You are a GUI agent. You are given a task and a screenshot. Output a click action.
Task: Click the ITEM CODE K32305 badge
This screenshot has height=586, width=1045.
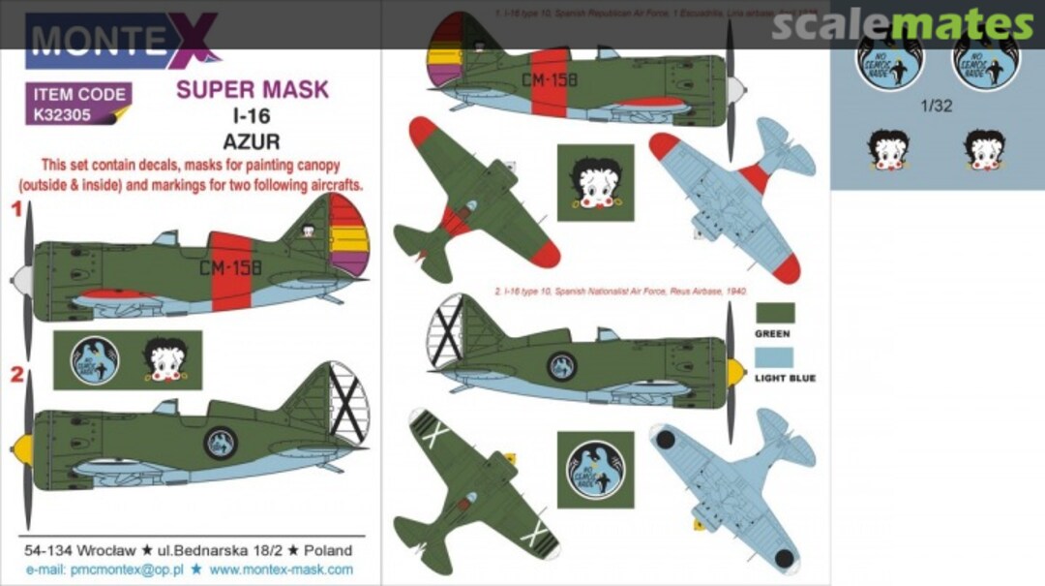pyautogui.click(x=78, y=105)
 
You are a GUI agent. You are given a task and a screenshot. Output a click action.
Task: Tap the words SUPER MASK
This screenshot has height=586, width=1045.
pyautogui.click(x=253, y=90)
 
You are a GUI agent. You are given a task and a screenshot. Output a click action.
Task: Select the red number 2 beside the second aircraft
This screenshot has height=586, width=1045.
pyautogui.click(x=15, y=375)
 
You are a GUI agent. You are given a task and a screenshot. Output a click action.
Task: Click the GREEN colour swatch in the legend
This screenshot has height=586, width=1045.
pyautogui.click(x=775, y=313)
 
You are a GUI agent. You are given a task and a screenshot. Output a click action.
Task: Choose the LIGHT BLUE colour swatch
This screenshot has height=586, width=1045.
pyautogui.click(x=775, y=356)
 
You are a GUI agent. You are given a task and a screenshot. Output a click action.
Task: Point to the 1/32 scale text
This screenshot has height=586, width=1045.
pyautogui.click(x=938, y=107)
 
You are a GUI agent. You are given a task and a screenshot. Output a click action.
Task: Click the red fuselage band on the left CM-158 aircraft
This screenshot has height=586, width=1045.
pyautogui.click(x=230, y=272)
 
